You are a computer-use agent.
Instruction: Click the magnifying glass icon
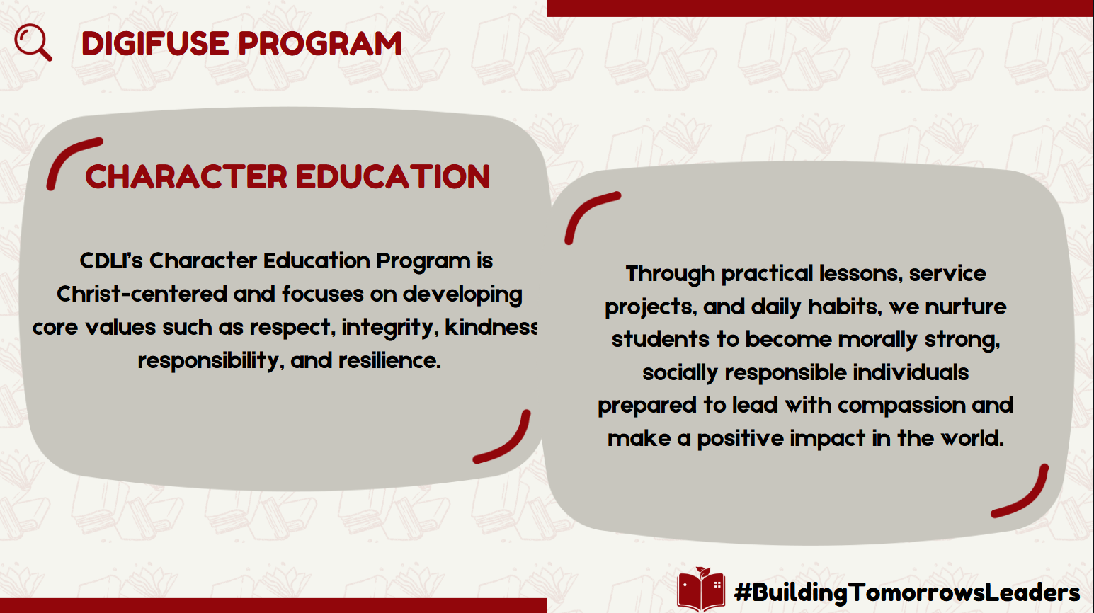[x=33, y=42]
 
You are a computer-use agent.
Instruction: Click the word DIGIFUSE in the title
[x=155, y=43]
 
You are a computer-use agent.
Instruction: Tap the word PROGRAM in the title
[x=320, y=43]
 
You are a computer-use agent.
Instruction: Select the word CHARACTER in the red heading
[x=186, y=176]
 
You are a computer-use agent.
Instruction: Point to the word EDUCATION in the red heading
[x=393, y=176]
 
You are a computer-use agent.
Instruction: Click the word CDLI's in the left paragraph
[x=111, y=260]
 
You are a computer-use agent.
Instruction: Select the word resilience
[x=389, y=361]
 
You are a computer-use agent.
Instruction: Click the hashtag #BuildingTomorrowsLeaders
[x=907, y=592]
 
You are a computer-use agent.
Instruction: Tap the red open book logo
[x=700, y=589]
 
